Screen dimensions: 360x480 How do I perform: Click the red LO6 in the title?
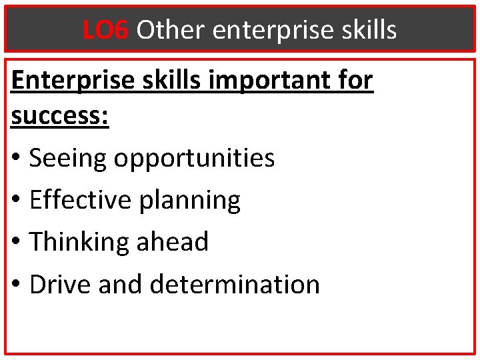click(105, 29)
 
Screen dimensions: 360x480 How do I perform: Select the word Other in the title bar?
click(171, 29)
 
